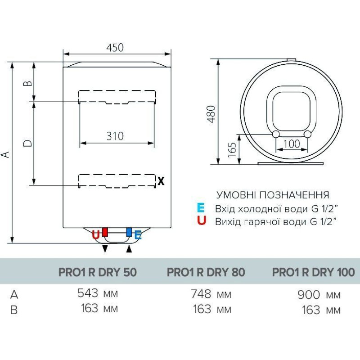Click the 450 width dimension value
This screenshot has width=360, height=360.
point(115,47)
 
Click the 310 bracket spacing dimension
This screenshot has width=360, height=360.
point(115,135)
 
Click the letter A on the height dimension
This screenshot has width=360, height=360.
point(5,154)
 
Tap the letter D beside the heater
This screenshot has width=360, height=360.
point(27,143)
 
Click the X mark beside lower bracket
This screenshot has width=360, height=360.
point(161,181)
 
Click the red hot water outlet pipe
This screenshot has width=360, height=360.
point(105,233)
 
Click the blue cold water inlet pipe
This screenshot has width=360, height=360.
point(129,233)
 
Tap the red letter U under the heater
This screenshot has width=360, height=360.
point(95,234)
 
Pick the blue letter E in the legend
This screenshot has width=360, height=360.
point(201,208)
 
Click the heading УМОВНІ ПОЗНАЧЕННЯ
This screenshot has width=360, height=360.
point(273,195)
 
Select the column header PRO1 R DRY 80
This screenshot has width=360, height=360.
point(206,272)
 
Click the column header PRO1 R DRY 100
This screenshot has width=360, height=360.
point(313,272)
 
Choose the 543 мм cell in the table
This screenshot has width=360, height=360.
point(97,294)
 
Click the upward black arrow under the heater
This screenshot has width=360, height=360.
point(130,249)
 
